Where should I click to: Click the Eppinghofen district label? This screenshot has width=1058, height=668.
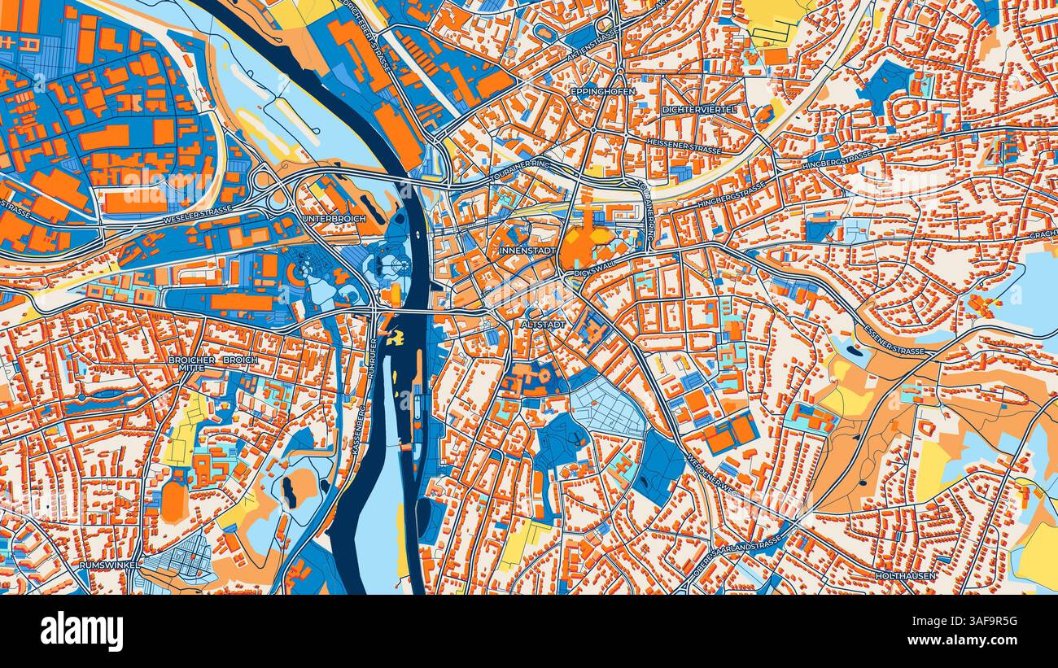point(602,92)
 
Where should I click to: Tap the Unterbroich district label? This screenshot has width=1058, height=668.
point(334,220)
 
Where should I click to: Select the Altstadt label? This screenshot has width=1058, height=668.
point(541,324)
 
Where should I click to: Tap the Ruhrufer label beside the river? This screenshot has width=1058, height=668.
point(374,357)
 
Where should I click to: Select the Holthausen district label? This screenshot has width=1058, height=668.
point(906,576)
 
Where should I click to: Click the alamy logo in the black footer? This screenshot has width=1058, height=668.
point(81,631)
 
